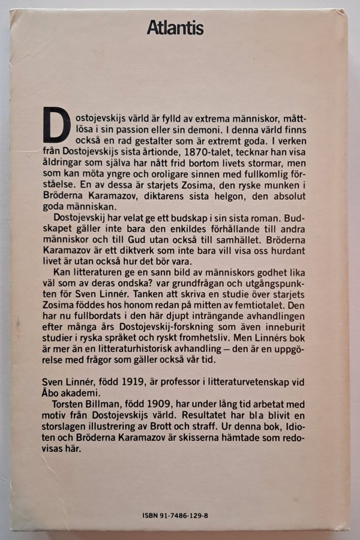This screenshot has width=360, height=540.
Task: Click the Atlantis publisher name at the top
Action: pos(175,28)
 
